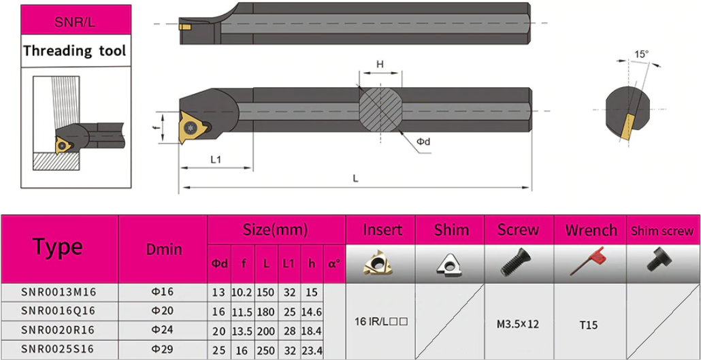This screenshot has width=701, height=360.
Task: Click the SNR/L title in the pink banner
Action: [75, 22]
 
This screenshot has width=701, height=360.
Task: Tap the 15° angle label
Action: [641, 54]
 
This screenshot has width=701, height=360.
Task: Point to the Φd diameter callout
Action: [423, 142]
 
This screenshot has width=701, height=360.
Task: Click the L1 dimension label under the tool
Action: [216, 160]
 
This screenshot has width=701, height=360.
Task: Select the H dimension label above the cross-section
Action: [380, 65]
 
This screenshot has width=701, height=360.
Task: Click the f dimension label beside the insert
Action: [155, 128]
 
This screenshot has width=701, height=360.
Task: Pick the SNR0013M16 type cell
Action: [59, 292]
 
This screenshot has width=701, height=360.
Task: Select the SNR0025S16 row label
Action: [59, 349]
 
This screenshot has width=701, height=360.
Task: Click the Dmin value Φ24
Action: [162, 330]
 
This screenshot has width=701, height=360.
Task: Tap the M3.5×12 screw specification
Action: [519, 324]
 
